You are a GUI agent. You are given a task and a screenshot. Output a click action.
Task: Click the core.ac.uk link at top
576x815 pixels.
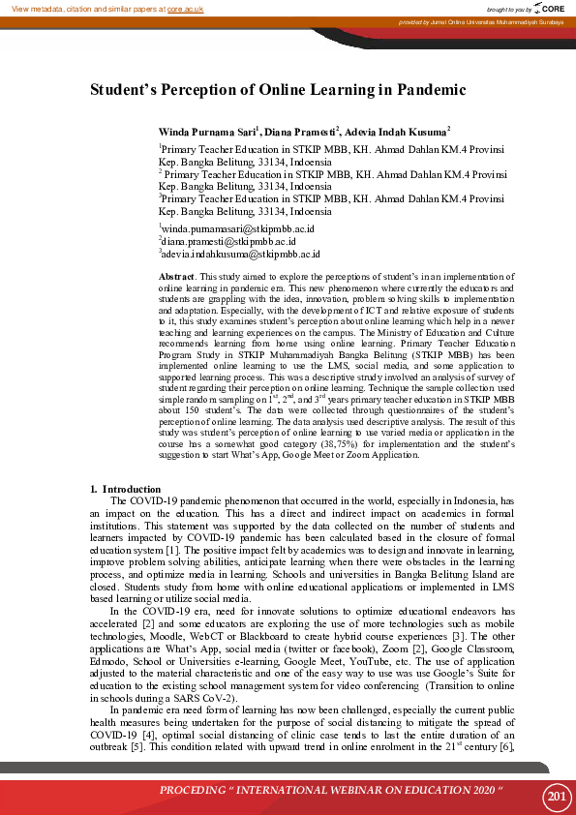(187, 8)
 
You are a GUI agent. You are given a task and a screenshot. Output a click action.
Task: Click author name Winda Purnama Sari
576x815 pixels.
(206, 131)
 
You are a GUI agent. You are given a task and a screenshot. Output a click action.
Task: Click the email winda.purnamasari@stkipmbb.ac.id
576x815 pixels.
(238, 228)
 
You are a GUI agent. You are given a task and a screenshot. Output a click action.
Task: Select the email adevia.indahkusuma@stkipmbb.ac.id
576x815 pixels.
(241, 254)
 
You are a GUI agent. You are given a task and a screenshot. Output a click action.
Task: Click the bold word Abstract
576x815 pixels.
(177, 278)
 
